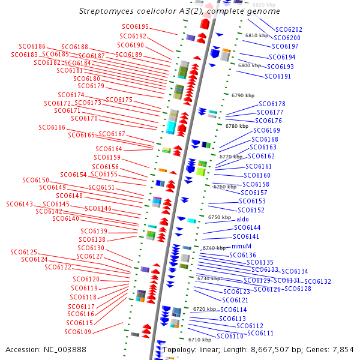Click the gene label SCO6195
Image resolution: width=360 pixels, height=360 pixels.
click(134, 27)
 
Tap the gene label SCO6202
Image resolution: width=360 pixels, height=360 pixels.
click(289, 29)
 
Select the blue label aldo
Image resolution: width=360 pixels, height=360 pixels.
click(242, 220)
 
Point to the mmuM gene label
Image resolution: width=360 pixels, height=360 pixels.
click(241, 247)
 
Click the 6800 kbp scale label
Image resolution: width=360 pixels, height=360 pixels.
click(250, 65)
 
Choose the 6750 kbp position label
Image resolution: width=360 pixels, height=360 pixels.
click(219, 217)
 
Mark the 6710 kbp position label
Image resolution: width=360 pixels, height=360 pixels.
click(199, 340)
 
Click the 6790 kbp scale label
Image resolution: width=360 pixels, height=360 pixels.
click(243, 95)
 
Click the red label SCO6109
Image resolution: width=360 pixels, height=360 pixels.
click(78, 332)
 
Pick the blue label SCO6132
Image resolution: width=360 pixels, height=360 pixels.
click(317, 281)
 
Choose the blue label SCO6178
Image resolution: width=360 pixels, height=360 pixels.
click(271, 104)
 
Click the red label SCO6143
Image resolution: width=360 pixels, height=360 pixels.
click(20, 205)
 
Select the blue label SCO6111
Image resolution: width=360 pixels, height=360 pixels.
click(260, 333)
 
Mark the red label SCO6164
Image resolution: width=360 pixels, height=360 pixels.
click(109, 149)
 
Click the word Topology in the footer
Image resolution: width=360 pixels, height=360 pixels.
click(178, 349)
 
